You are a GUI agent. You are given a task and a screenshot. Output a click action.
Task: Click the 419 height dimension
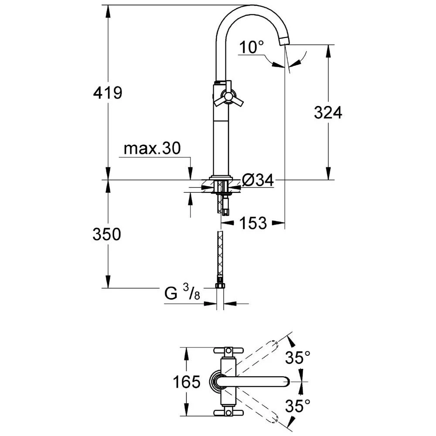point(108,92)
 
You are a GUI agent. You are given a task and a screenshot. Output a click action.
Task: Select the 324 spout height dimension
point(328,112)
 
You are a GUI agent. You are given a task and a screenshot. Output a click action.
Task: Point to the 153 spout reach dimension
point(253,223)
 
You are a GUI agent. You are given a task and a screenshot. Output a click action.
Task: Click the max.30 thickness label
point(152,148)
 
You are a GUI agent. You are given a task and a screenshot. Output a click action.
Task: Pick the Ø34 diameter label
point(258,181)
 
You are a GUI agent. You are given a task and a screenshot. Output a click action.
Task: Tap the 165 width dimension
point(187,382)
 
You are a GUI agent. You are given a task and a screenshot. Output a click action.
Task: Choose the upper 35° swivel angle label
point(298,357)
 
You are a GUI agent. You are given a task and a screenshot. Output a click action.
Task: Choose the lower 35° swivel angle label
point(298,405)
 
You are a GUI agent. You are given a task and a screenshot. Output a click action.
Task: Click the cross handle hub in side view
point(228,96)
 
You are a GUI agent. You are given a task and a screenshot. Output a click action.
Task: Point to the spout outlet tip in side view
point(284,42)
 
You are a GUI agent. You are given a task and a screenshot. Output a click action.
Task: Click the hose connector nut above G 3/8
point(220,286)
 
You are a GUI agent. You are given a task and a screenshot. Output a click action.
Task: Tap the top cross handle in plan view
point(228,351)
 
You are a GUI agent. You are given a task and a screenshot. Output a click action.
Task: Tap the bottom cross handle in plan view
point(228,412)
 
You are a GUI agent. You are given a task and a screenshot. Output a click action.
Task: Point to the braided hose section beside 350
point(220,253)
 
